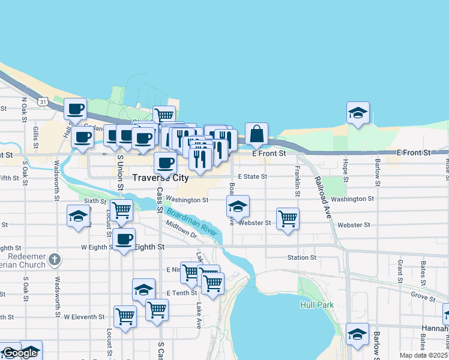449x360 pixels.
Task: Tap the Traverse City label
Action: (x=160, y=178)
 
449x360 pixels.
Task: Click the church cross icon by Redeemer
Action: (x=55, y=260)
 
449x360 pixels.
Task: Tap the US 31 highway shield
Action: (x=43, y=101)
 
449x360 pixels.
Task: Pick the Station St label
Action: (x=301, y=257)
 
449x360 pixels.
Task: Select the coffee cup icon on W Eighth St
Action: (x=124, y=239)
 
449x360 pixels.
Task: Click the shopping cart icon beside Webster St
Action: (x=288, y=218)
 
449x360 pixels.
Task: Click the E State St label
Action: (x=252, y=177)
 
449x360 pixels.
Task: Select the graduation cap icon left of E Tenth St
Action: (x=143, y=290)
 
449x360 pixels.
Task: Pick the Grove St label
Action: (x=423, y=297)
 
